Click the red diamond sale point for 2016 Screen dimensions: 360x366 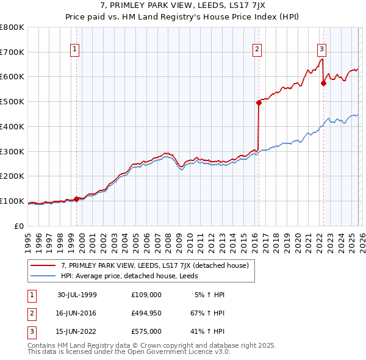tap(259, 103)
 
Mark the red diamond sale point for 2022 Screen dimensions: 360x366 tap(323, 84)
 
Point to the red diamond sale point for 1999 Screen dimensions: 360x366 tap(77, 199)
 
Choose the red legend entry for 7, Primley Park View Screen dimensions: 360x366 tap(154, 265)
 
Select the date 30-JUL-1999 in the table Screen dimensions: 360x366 tap(77, 295)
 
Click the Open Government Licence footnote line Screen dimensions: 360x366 tap(129, 352)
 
